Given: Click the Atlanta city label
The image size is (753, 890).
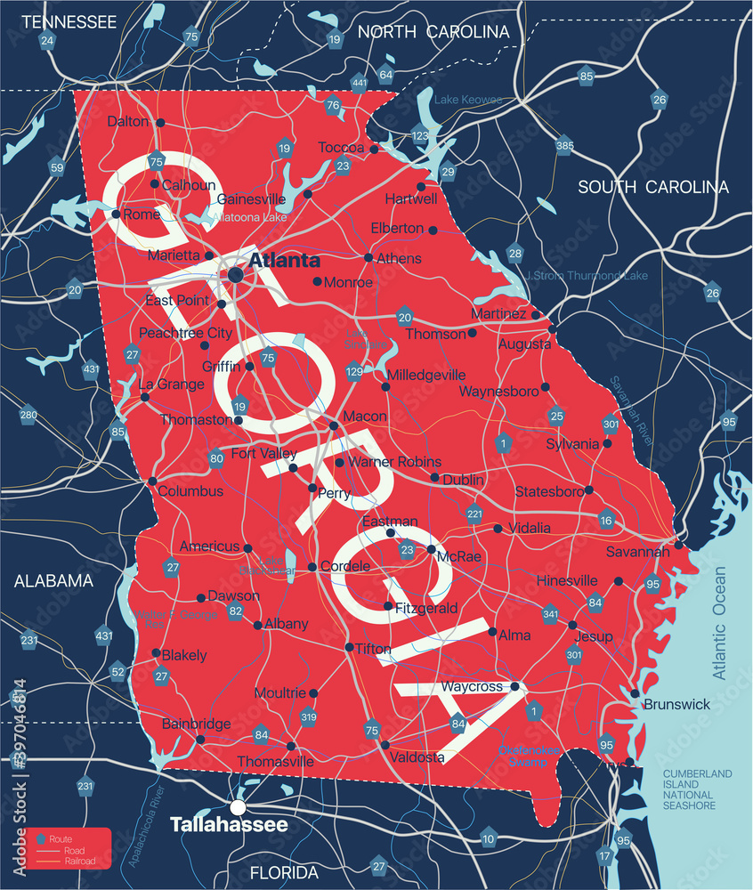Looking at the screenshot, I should pyautogui.click(x=284, y=261).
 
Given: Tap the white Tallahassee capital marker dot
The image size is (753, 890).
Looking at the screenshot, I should pyautogui.click(x=238, y=807).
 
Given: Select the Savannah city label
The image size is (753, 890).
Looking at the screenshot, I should pyautogui.click(x=637, y=552).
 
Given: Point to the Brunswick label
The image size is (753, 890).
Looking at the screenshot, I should pyautogui.click(x=676, y=704).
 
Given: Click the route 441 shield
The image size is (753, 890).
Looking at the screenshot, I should pyautogui.click(x=359, y=83).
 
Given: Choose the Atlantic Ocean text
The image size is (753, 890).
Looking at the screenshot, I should pyautogui.click(x=719, y=623).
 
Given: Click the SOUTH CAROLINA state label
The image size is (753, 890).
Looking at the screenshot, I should pyautogui.click(x=653, y=187).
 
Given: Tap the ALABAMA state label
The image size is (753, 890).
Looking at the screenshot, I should pyautogui.click(x=53, y=581).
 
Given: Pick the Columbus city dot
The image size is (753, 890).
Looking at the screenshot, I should pyautogui.click(x=152, y=481).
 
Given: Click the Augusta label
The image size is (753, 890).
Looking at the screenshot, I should pyautogui.click(x=524, y=344).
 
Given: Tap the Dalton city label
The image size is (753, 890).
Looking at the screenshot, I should pyautogui.click(x=128, y=121).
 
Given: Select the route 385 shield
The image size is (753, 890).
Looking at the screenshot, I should pyautogui.click(x=564, y=145).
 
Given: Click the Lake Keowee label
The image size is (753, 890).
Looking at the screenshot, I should pyautogui.click(x=468, y=100).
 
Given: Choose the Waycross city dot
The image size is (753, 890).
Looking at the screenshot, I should pyautogui.click(x=514, y=686).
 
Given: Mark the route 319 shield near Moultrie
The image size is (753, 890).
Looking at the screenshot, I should pyautogui.click(x=309, y=716).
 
